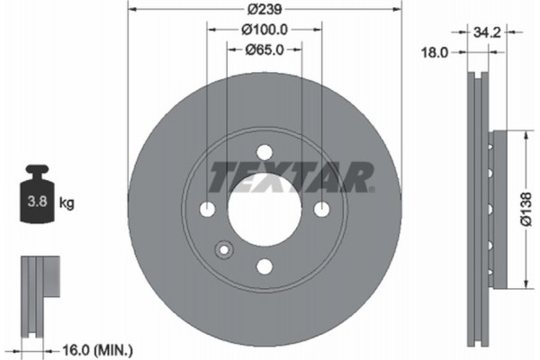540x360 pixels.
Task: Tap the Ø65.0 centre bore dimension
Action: coord(264,52)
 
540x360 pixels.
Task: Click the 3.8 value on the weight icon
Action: coord(37,203)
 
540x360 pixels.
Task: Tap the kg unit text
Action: coord(67,204)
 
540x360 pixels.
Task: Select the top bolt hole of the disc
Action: coord(264,152)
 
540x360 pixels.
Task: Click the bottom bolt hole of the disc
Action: coord(264,266)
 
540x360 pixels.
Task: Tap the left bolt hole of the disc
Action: coord(207,210)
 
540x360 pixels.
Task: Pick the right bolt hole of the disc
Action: coord(321,210)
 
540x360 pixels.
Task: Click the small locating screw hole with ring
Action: coord(223,250)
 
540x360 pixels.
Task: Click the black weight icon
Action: coord(37,198)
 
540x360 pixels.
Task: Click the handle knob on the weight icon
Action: coord(37,169)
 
